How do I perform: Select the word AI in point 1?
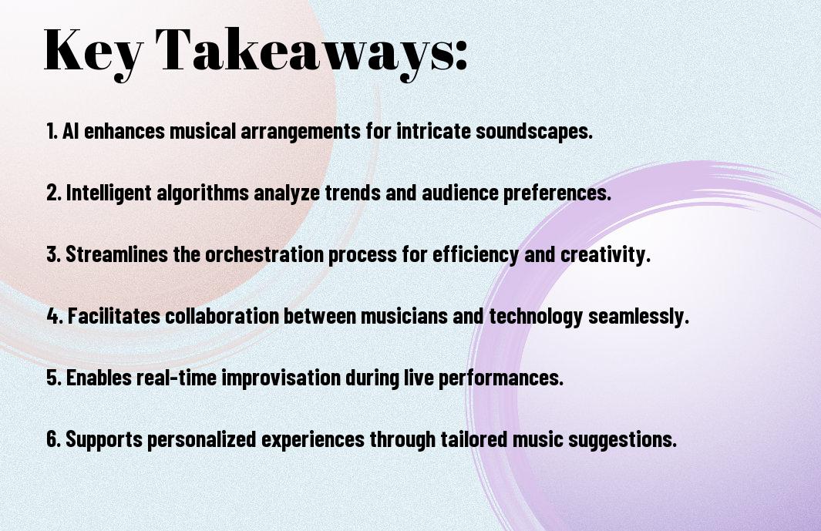pos(71,131)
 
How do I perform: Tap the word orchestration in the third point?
pos(264,254)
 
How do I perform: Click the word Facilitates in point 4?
pos(114,316)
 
